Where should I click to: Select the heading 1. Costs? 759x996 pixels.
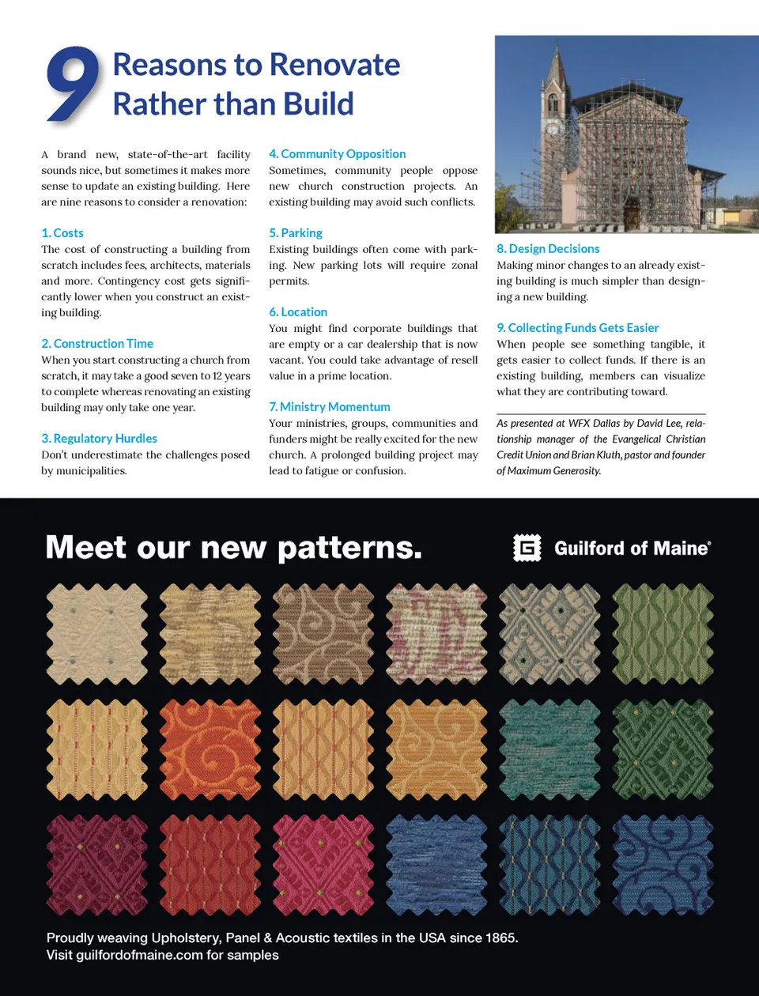[62, 233]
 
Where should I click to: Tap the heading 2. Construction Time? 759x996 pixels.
[97, 344]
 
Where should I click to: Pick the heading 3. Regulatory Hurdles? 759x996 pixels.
[99, 439]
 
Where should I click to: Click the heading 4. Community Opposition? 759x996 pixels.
[337, 154]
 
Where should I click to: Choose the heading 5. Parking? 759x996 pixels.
[296, 233]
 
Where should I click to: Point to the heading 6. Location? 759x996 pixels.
[298, 312]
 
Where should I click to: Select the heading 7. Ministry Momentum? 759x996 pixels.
[329, 407]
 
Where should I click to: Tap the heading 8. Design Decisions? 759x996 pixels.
[548, 249]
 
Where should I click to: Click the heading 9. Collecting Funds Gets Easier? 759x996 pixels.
[577, 328]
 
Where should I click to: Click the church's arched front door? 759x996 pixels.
[632, 212]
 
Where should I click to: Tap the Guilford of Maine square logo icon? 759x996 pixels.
[527, 548]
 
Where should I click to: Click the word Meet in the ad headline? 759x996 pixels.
[85, 548]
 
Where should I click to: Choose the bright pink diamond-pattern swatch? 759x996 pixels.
[323, 865]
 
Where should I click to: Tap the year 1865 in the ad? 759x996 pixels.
[500, 938]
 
